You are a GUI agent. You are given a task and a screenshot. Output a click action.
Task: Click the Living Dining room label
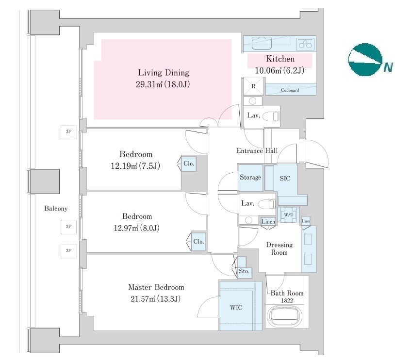coord(163,73)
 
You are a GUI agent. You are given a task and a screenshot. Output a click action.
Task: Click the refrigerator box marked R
coord(253,86)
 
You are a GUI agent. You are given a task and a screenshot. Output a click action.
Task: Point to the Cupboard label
coord(290,90)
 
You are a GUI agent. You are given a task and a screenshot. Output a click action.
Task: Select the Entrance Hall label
coord(257,151)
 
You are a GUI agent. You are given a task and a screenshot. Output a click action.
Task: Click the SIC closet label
coord(285,178)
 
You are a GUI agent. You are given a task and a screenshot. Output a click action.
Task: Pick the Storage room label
coord(250,177)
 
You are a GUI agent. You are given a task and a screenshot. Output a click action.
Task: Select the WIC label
coord(236,308)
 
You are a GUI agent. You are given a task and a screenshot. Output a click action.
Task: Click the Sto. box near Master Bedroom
coord(244,271)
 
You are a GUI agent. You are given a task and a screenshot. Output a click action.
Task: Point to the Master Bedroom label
coord(156,287)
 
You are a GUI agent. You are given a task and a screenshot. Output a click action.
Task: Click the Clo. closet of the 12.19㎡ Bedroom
coord(189,164)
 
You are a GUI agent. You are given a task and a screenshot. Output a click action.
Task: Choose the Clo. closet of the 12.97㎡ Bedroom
coord(198,241)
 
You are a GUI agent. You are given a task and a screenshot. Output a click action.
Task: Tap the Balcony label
coord(56,209)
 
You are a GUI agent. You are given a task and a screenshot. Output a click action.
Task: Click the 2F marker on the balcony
coord(68,227)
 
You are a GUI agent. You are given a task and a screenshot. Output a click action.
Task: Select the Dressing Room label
coord(280,248)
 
